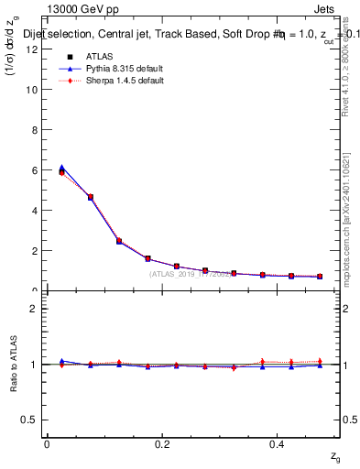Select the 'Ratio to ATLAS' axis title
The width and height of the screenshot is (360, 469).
click(12, 365)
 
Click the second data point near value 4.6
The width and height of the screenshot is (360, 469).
click(90, 197)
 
